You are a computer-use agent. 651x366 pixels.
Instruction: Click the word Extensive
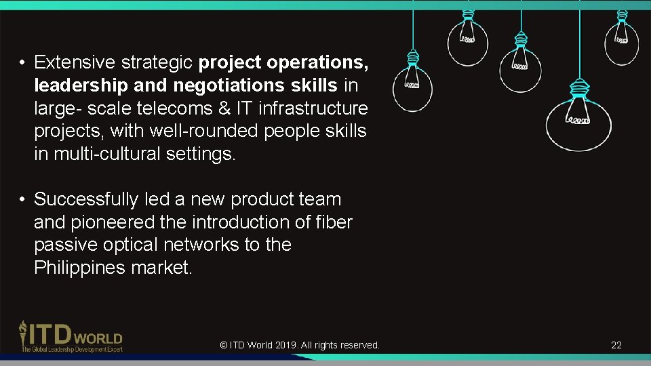point(75,63)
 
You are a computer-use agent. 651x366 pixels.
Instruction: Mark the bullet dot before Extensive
point(22,64)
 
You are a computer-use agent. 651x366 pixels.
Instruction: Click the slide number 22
point(616,345)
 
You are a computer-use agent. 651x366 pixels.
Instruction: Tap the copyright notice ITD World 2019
point(300,345)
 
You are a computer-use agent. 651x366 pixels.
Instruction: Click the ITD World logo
point(71,336)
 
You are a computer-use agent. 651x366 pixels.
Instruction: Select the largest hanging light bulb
point(578,122)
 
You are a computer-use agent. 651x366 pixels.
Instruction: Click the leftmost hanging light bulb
point(412,88)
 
